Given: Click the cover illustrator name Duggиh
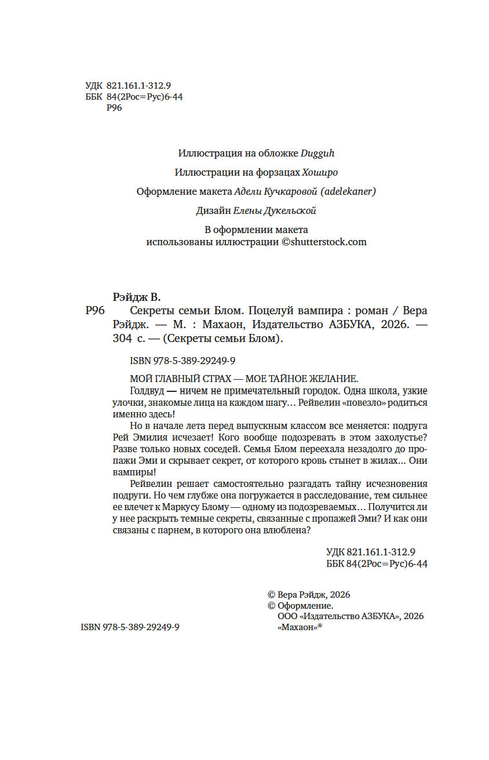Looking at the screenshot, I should [318, 154].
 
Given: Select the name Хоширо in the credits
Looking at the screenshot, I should [320, 172].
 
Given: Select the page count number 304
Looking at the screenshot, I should [123, 340].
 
